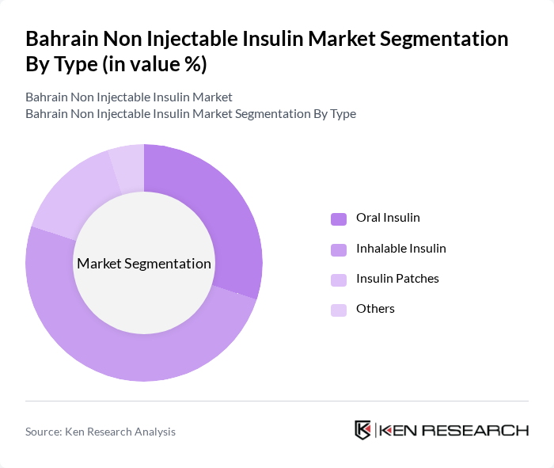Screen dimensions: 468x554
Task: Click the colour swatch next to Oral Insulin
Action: (339, 219)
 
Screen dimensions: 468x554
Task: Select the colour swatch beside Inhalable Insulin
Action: (339, 249)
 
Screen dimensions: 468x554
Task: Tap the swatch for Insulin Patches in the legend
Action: (339, 280)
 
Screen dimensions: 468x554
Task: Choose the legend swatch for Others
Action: (339, 310)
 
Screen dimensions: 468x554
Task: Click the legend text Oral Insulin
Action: (388, 218)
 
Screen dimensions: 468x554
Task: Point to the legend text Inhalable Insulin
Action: (400, 249)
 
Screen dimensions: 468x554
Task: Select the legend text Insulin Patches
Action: (397, 279)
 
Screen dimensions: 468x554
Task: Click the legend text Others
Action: (375, 309)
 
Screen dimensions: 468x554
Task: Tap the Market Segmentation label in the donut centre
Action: (143, 264)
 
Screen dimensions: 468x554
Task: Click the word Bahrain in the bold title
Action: (60, 39)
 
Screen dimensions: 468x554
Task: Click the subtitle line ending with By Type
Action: (190, 114)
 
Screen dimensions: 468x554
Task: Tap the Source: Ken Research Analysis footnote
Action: (101, 432)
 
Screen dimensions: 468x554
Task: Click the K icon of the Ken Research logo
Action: (362, 430)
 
